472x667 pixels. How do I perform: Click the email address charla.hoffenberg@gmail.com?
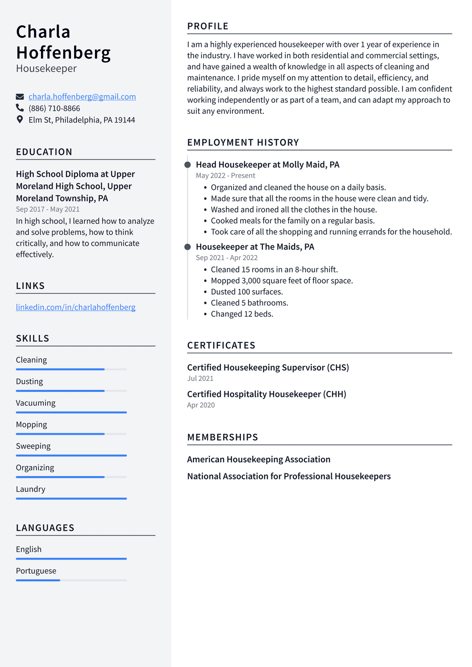(x=82, y=97)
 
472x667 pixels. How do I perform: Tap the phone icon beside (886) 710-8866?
(x=20, y=108)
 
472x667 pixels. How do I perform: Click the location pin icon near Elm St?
(x=20, y=119)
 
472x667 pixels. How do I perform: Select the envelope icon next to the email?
(x=20, y=97)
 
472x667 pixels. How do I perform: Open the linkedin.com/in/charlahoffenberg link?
(x=76, y=307)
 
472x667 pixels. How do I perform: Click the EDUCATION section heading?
(x=44, y=152)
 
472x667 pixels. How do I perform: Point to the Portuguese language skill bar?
(x=71, y=580)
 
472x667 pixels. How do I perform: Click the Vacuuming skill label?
(x=35, y=403)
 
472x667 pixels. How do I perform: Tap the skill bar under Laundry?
(x=71, y=498)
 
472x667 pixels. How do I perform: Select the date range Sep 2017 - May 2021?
(x=47, y=209)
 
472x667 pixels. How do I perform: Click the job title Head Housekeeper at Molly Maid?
(x=267, y=165)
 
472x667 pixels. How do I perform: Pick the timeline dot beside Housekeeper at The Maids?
(x=188, y=247)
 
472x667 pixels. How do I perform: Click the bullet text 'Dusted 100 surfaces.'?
(x=247, y=292)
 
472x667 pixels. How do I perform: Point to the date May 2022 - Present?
(x=225, y=176)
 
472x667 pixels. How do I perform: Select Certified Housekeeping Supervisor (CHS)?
(x=268, y=367)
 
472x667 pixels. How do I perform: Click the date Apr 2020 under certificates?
(x=201, y=405)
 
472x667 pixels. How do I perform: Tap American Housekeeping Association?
(x=259, y=460)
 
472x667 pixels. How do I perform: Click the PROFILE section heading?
(x=208, y=26)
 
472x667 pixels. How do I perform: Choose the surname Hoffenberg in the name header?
(x=64, y=53)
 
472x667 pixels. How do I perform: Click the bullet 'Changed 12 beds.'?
(x=242, y=314)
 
